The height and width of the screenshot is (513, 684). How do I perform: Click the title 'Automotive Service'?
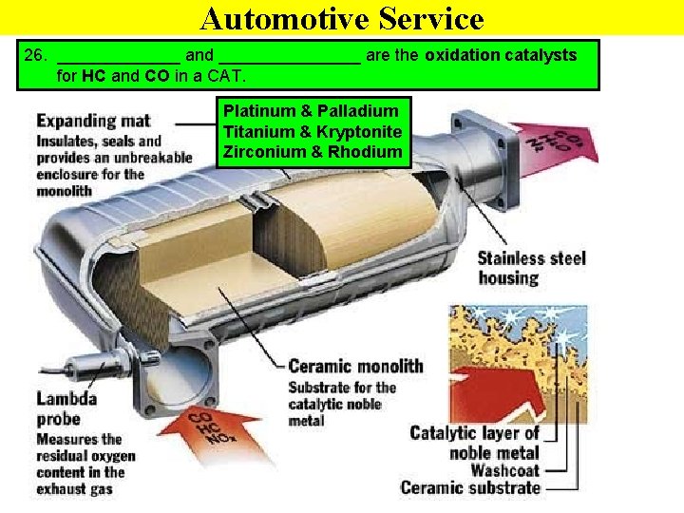pos(342,18)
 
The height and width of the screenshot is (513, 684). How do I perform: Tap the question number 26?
pos(34,55)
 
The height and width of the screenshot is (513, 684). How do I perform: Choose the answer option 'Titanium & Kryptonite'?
pos(313,131)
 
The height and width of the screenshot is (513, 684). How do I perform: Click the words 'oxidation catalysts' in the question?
pos(501,55)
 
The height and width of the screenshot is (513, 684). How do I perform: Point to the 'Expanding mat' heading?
pos(93,122)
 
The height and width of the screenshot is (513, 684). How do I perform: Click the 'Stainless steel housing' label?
pos(532,268)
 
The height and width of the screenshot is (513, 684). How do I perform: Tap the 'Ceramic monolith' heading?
pos(355,367)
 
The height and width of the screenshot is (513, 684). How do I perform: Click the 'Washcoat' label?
pos(504,469)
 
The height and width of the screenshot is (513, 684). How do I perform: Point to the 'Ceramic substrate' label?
pos(470,488)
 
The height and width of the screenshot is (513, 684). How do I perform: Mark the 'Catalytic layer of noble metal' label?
pos(474,443)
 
